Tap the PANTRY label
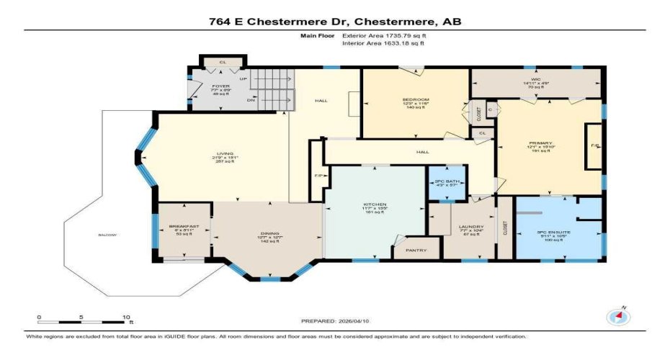pos(416,251)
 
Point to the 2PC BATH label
pos(447,180)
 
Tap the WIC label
pos(535,79)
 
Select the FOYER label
pos(220,86)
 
